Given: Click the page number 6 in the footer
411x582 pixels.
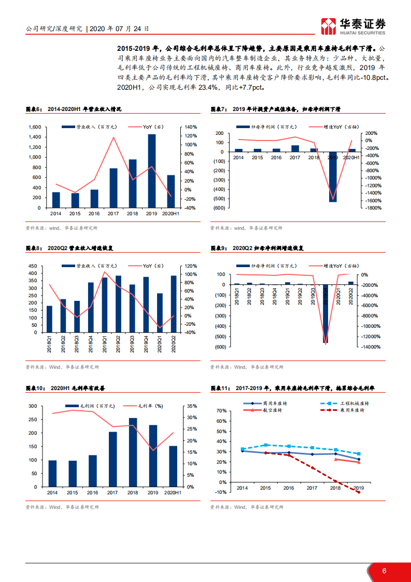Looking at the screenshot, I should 384,571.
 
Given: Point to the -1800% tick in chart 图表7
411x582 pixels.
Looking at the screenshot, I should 373,208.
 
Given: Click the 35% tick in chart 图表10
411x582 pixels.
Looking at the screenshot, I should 191,406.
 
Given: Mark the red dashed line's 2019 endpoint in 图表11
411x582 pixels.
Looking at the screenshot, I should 359,492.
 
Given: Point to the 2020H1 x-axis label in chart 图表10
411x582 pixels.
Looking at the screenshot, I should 173,493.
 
